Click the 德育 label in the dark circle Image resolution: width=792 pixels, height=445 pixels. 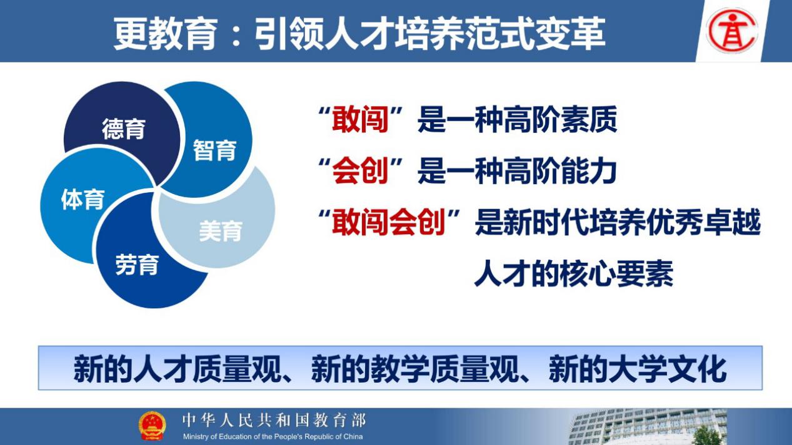coord(124,129)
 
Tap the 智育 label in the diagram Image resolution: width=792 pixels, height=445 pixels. coord(214,150)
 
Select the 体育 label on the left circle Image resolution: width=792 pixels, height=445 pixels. coord(83,199)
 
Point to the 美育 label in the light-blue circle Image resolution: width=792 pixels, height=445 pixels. coord(221,231)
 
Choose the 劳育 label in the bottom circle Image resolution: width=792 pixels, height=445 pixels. coord(137,265)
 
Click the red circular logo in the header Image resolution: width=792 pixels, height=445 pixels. coord(732,31)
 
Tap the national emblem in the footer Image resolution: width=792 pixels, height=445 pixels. coord(152,426)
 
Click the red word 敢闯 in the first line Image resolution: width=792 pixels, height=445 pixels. coord(360,119)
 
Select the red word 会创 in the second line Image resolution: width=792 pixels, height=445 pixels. coord(360,171)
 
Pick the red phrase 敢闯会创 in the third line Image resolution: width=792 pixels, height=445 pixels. coord(389,222)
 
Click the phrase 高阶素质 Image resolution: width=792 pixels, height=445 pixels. coord(561,119)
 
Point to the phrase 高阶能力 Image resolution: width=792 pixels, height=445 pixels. coord(561,171)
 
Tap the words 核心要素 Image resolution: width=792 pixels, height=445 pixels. coord(616,273)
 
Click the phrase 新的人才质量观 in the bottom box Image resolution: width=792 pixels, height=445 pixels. coord(177,369)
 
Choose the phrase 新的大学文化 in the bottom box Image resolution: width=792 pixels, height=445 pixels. coord(638,369)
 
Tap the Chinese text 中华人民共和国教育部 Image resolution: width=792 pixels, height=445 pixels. coord(274,420)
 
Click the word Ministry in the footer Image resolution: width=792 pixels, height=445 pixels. coord(196,437)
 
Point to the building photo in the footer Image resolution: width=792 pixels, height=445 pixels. coord(648,427)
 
